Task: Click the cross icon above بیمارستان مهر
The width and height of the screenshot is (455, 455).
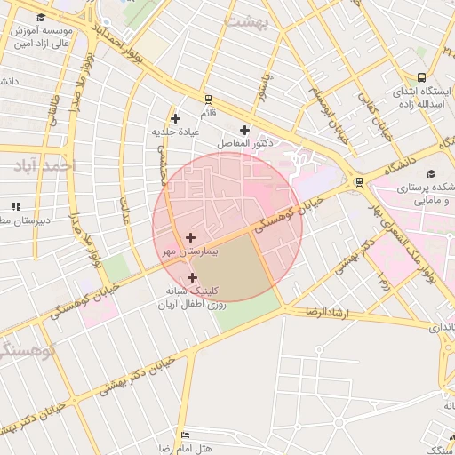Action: [191, 237]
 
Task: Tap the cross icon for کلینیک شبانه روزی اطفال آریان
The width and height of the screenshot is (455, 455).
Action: [193, 277]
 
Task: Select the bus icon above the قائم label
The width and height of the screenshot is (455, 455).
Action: [208, 100]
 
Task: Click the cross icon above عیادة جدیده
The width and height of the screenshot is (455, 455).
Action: [175, 118]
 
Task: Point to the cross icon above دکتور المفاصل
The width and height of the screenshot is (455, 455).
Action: [244, 130]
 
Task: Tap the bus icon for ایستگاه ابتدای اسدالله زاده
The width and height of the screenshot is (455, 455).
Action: [421, 77]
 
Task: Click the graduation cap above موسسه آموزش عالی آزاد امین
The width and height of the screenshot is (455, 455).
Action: [41, 18]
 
